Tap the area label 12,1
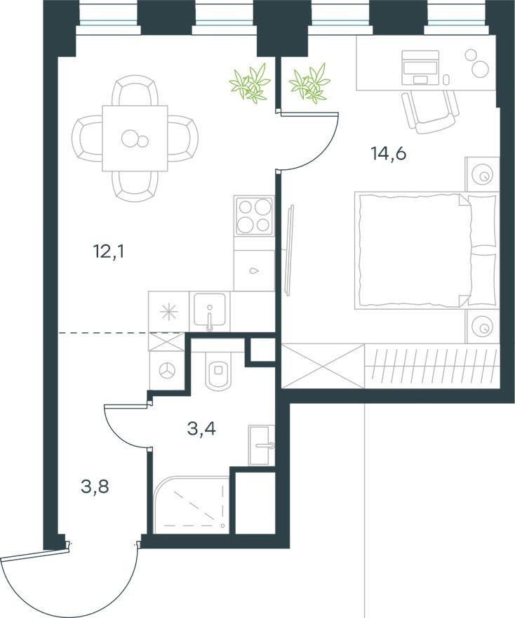[x=108, y=251]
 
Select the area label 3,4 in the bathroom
[x=201, y=428]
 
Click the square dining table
[x=135, y=138]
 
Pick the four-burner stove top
[x=254, y=216]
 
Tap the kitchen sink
[x=210, y=310]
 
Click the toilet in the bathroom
[x=219, y=372]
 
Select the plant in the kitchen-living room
[x=250, y=83]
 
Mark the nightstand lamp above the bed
[x=483, y=173]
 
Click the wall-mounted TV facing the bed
[x=290, y=249]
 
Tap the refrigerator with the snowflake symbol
[x=168, y=312]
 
